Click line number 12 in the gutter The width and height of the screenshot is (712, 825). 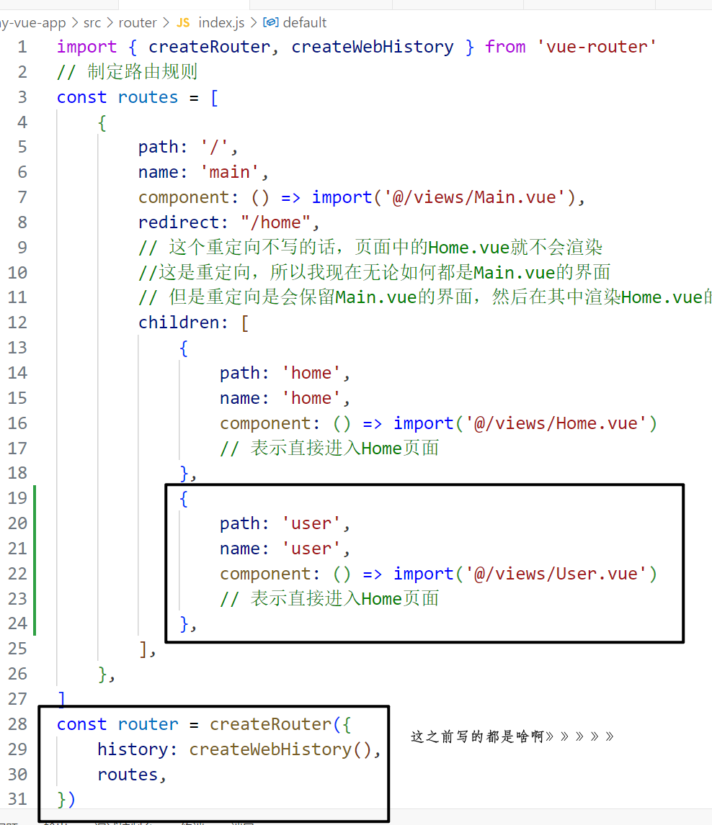click(18, 323)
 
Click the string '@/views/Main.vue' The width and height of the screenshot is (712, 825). click(475, 197)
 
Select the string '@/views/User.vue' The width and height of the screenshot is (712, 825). click(556, 574)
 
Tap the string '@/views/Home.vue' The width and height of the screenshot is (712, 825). click(556, 423)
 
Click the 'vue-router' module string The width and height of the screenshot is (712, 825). click(597, 48)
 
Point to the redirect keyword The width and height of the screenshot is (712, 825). click(179, 222)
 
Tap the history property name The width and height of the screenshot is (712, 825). click(133, 749)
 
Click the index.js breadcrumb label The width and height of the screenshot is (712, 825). click(221, 23)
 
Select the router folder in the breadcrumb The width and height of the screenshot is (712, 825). click(138, 23)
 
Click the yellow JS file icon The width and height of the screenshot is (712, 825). click(183, 23)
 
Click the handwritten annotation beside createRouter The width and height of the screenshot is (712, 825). click(512, 736)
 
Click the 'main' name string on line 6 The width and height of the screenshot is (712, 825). click(229, 172)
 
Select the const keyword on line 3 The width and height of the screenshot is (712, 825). click(81, 97)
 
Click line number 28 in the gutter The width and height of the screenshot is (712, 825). click(18, 724)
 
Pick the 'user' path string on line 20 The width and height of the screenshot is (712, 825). click(311, 523)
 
